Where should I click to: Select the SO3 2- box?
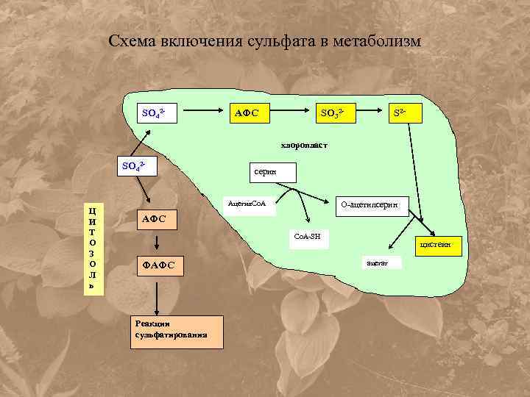[x=333, y=112]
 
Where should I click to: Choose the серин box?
[x=272, y=172]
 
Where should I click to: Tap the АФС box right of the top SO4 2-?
[x=250, y=112]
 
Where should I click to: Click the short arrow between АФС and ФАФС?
[x=156, y=241]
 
